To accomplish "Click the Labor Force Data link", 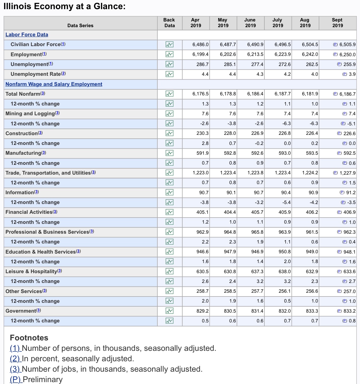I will click(x=27, y=35).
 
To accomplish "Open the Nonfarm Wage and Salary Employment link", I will click(x=54, y=84).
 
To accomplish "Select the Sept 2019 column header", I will click(x=337, y=22).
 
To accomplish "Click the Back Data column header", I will click(x=169, y=22).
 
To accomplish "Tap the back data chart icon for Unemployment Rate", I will click(x=169, y=74).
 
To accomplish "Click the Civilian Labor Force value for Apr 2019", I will click(x=200, y=45).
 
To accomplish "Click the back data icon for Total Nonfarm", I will click(x=169, y=94).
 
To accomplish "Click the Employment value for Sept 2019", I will click(x=347, y=55).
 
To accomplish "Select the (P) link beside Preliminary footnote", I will click(x=16, y=379).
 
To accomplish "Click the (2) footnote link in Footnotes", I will click(x=15, y=359).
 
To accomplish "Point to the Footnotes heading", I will click(x=29, y=338).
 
